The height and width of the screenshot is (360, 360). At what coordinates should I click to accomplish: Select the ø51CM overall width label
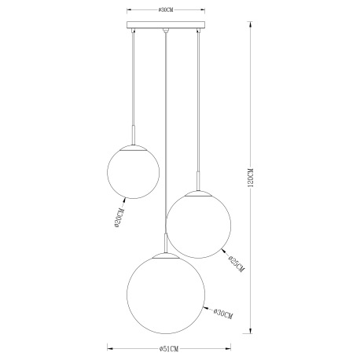coord(167,348)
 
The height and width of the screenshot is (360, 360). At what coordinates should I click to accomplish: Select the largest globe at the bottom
coord(165,295)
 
